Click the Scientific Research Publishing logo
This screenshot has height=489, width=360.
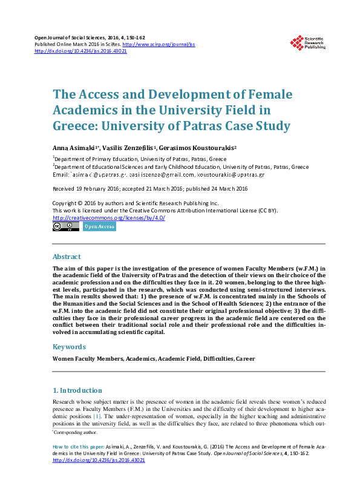click(307, 42)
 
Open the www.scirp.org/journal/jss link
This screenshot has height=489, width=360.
click(159, 45)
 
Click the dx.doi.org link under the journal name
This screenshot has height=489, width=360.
click(80, 51)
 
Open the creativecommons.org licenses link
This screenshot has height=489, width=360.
click(109, 218)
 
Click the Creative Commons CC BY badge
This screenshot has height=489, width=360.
click(66, 227)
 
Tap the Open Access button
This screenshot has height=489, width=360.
click(99, 227)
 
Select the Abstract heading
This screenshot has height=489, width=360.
click(67, 257)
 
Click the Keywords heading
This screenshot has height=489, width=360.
click(69, 347)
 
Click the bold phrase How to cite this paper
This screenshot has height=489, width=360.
click(78, 445)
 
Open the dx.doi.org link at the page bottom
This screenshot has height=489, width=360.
click(99, 460)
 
